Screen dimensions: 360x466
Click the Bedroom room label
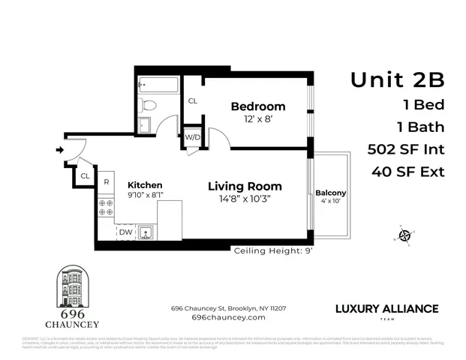(x=257, y=106)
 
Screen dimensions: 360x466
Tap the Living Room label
(x=245, y=186)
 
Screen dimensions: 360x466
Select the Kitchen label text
(x=145, y=184)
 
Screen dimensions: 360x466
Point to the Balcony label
(x=331, y=192)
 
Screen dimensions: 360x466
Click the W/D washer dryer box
(x=193, y=137)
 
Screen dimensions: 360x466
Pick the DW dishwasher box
(x=126, y=232)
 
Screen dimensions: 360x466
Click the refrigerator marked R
(x=107, y=182)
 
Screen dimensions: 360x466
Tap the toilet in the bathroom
(x=149, y=105)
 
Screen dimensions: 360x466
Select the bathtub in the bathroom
(x=159, y=84)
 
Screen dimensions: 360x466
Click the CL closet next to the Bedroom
(x=193, y=100)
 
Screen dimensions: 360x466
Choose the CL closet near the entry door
(x=85, y=175)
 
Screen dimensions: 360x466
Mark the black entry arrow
(x=59, y=150)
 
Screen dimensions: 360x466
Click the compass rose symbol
(x=404, y=235)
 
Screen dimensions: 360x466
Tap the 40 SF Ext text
(x=407, y=172)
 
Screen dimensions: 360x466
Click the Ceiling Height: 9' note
(x=273, y=250)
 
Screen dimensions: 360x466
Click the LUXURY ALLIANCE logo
(x=386, y=309)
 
